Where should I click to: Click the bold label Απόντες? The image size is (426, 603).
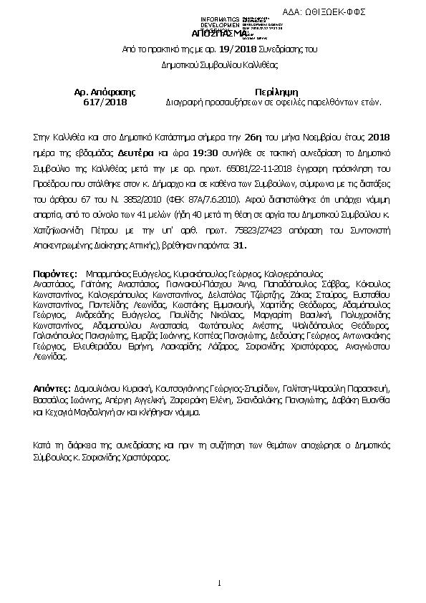(53, 386)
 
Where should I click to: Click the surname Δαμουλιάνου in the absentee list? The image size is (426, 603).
(100, 386)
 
